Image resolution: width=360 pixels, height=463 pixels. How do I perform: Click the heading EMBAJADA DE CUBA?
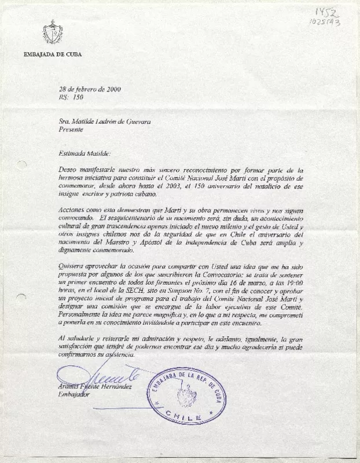53,54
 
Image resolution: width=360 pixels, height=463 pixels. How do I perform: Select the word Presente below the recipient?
71,130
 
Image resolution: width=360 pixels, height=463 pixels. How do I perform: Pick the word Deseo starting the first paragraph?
68,172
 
